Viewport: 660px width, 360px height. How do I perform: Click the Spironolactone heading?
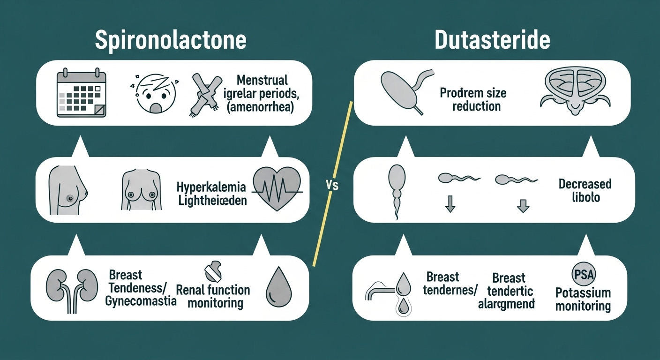click(171, 40)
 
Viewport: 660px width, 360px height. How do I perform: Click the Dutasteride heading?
click(492, 40)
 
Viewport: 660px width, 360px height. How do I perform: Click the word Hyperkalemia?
click(211, 187)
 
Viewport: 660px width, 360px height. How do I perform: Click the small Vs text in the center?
click(331, 186)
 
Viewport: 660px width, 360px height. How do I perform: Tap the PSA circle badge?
click(582, 273)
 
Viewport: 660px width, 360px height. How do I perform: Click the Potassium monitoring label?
click(583, 300)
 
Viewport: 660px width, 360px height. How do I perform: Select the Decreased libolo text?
click(585, 190)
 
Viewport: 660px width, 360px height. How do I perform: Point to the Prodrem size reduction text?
click(472, 99)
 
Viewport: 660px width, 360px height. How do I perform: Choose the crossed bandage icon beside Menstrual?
click(205, 94)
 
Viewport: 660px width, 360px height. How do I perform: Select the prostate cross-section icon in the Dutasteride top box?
click(577, 91)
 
